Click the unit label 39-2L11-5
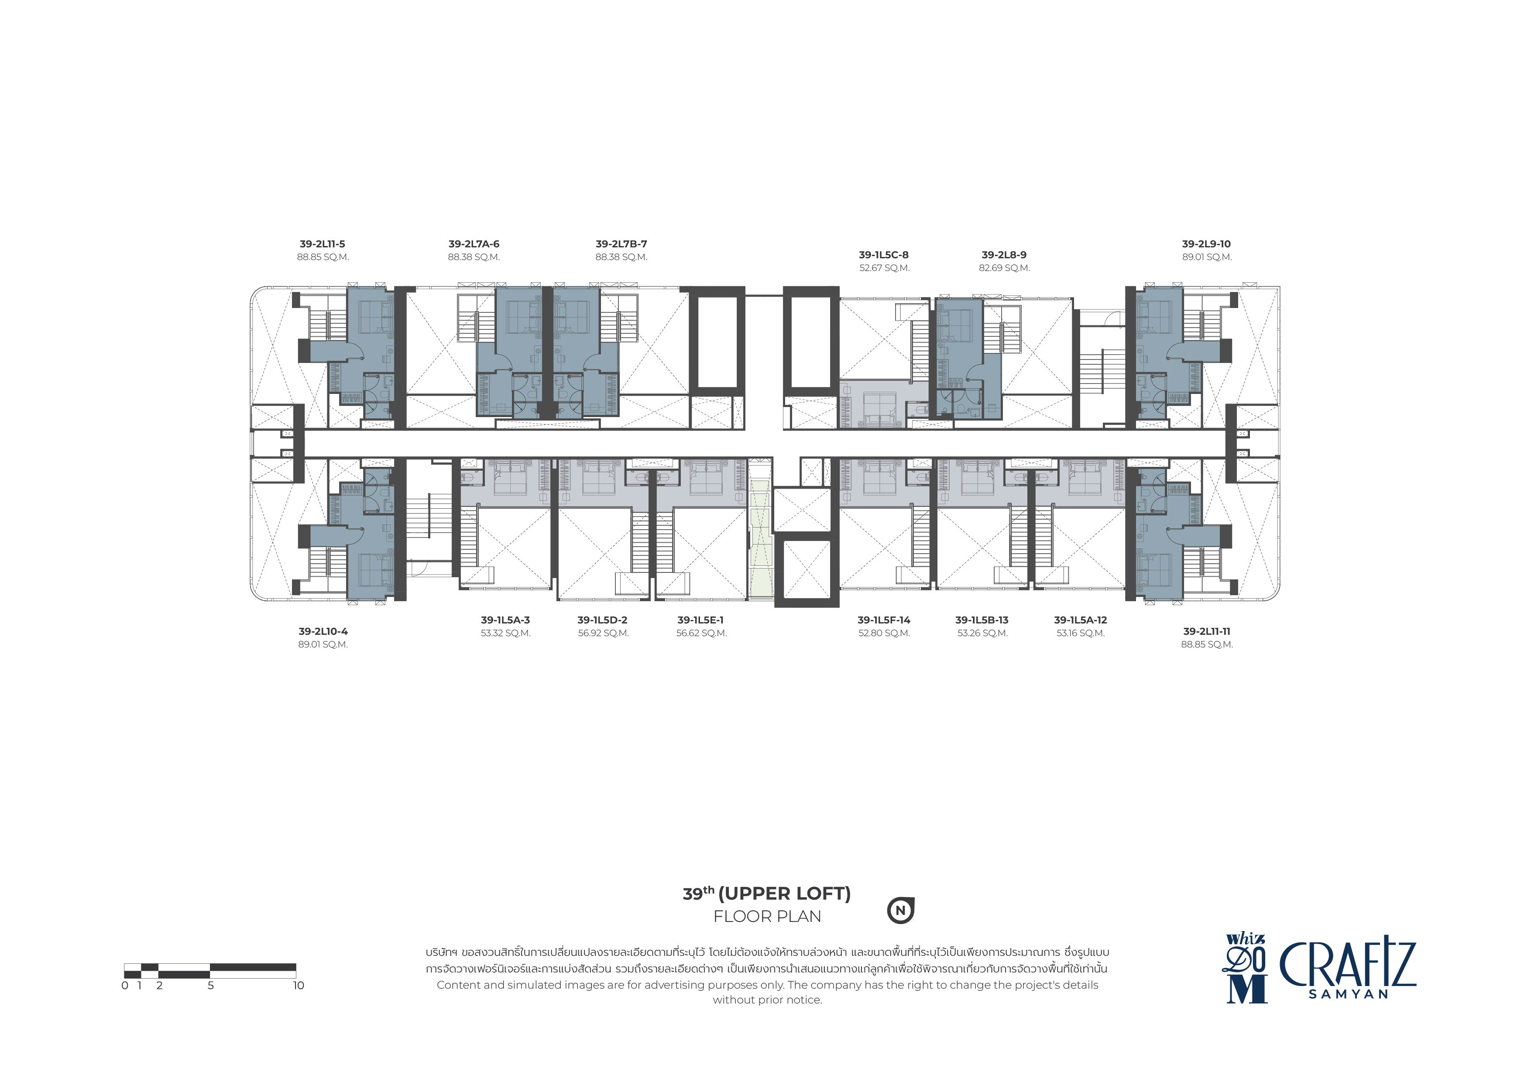pos(323,244)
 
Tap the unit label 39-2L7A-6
pos(474,244)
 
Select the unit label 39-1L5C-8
pos(883,255)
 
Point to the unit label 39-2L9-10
pos(1206,244)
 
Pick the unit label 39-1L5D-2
pos(602,620)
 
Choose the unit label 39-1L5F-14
pos(883,620)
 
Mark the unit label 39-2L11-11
pos(1207,631)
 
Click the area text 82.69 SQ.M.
pos(1004,268)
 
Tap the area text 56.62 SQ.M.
pos(701,633)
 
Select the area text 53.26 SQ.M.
pos(982,633)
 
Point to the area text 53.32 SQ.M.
pos(505,633)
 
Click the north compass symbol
pos(900,911)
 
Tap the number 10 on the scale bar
pos(298,985)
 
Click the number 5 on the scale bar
pos(211,985)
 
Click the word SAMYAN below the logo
pos(1348,994)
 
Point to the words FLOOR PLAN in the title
pos(767,917)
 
